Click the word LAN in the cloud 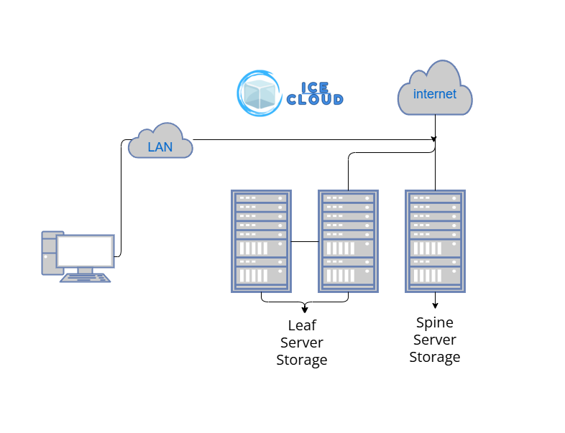pos(160,147)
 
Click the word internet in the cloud pos(435,94)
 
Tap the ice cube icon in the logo pos(259,93)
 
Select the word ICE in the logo pos(315,88)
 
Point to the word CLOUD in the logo pos(315,101)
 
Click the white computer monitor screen pos(85,251)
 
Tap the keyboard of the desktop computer pos(85,277)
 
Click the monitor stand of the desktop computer pos(85,270)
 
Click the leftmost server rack pos(261,241)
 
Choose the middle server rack pos(348,241)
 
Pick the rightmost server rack pos(435,241)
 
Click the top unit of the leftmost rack pos(261,197)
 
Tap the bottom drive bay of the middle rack pos(348,275)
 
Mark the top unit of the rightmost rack pos(435,197)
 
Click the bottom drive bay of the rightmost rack pos(435,275)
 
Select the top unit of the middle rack pos(348,197)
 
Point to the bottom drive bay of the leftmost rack pos(261,275)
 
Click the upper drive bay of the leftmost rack pos(261,248)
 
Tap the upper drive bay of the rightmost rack pos(435,248)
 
